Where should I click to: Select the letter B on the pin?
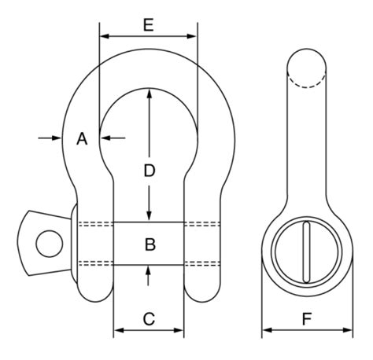pyautogui.click(x=150, y=244)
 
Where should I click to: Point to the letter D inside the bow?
pyautogui.click(x=150, y=169)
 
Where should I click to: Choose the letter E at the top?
pyautogui.click(x=148, y=24)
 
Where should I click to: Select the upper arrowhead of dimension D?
pyautogui.click(x=150, y=93)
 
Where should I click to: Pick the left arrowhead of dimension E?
pyautogui.click(x=103, y=36)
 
